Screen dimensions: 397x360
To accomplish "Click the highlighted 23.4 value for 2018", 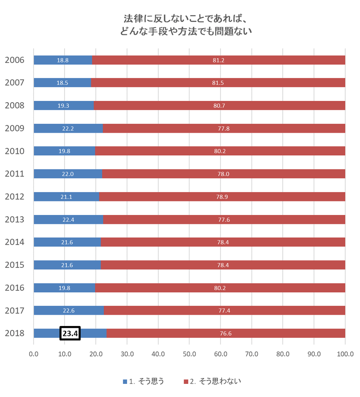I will [x=70, y=333].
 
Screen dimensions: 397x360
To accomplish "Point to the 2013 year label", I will [x=14, y=220].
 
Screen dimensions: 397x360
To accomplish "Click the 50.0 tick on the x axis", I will [x=189, y=354].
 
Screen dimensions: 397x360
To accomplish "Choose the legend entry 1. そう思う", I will [x=143, y=381].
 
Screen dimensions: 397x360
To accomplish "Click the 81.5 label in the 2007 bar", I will [x=218, y=83].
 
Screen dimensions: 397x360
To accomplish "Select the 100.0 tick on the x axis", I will [x=345, y=354].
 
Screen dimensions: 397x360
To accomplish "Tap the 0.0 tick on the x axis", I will [x=33, y=354].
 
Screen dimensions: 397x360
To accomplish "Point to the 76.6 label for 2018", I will [x=226, y=333].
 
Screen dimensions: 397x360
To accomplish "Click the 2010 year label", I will [x=14, y=151].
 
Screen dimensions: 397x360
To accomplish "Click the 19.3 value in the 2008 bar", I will [x=63, y=106].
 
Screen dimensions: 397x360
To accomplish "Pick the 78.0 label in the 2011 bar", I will [x=224, y=174].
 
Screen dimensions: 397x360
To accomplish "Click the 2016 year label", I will [x=14, y=288].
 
